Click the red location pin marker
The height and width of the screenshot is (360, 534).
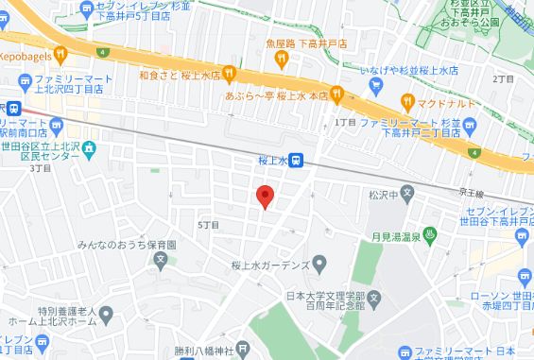point(266,197)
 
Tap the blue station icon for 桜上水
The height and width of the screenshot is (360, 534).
point(296,162)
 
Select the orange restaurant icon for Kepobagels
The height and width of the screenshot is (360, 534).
point(60,53)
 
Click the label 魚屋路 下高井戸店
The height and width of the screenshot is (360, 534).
point(282,43)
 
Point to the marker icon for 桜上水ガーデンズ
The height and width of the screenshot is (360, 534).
point(319,263)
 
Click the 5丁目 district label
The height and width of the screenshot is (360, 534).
point(208,225)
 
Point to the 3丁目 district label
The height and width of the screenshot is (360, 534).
point(39,169)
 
